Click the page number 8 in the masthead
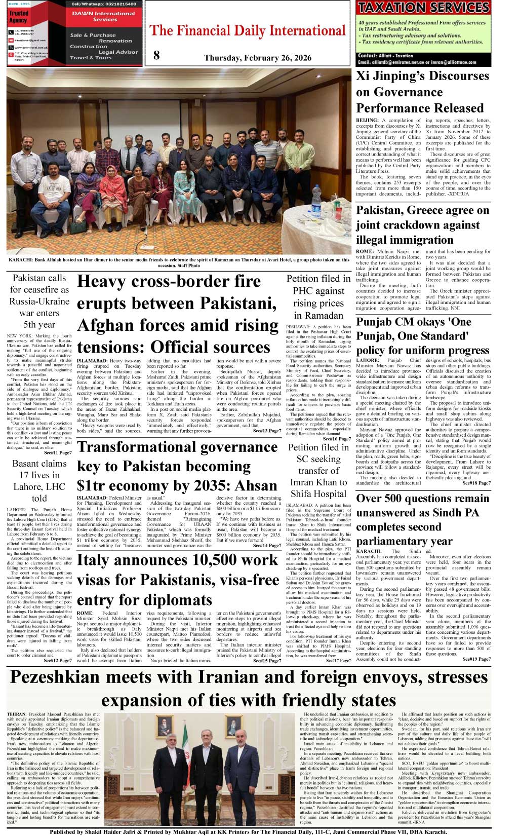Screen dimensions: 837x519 pyautogui.click(x=156, y=55)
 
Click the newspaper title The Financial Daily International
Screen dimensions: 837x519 pyautogui.click(x=248, y=31)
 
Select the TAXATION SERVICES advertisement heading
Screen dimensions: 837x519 pyautogui.click(x=423, y=8)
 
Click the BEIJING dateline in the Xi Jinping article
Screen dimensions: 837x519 pyautogui.click(x=367, y=121)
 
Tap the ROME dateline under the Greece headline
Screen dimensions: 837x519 pyautogui.click(x=365, y=251)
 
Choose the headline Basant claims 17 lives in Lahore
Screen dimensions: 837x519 pyautogui.click(x=39, y=480)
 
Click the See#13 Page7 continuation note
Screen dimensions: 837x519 pyautogui.click(x=267, y=431)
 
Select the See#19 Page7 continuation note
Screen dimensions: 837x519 pyautogui.click(x=476, y=659)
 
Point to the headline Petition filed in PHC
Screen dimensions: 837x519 pyautogui.click(x=318, y=296)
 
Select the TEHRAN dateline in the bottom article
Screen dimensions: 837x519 pyautogui.click(x=17, y=714)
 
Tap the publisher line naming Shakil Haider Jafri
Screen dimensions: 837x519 pyautogui.click(x=248, y=832)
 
